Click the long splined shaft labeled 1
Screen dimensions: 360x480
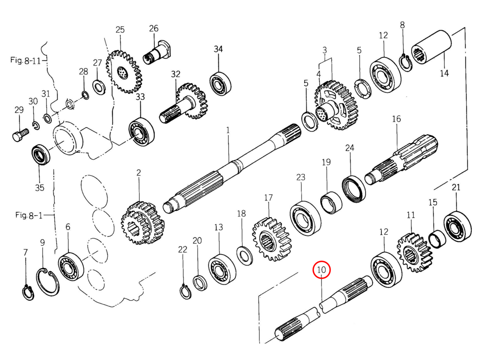tap(232, 168)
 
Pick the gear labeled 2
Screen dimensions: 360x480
tap(142, 223)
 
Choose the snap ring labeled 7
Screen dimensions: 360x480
tap(28, 292)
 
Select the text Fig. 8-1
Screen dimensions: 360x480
tap(28, 215)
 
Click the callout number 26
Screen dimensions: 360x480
tap(154, 28)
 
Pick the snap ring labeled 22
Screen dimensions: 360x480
tap(185, 291)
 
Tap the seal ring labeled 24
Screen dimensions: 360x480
tap(354, 188)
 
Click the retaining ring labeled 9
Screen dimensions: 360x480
tap(48, 282)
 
